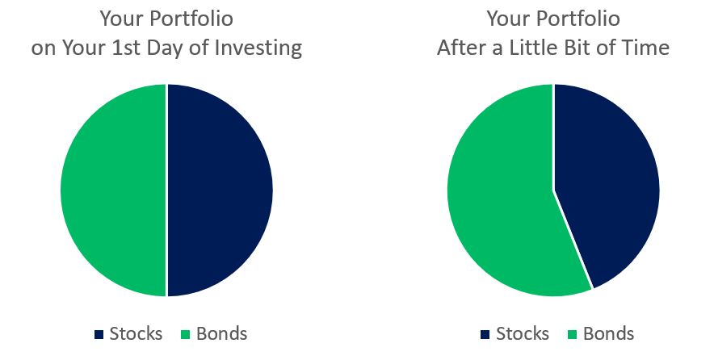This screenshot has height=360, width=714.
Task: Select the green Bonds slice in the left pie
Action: click(113, 190)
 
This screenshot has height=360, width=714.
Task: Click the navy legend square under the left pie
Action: click(99, 334)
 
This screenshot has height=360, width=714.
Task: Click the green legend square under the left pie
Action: click(185, 334)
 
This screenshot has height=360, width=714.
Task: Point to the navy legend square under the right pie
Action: click(485, 334)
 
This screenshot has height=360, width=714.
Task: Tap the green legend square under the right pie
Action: click(572, 334)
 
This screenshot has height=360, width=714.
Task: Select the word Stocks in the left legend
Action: click(136, 333)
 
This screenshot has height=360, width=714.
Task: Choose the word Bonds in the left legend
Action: click(222, 333)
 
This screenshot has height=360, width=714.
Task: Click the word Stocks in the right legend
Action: click(523, 333)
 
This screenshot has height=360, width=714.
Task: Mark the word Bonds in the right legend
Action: click(608, 333)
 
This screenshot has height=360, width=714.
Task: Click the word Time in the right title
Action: click(649, 48)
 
